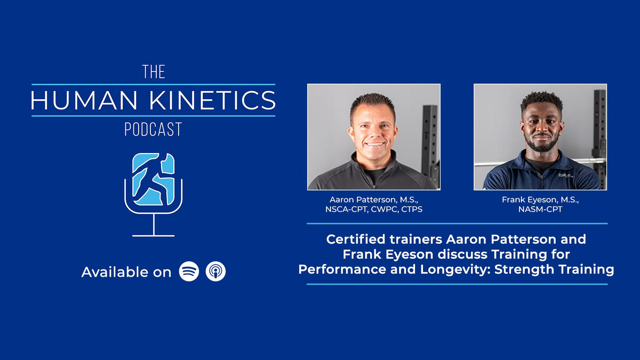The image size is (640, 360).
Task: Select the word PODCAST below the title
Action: click(x=153, y=130)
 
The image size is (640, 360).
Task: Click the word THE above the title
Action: click(x=154, y=72)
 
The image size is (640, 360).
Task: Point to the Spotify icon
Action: click(x=189, y=271)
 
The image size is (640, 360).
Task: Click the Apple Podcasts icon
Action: click(x=216, y=271)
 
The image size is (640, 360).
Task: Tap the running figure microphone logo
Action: click(x=154, y=180)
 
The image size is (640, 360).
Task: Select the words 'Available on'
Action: click(x=126, y=272)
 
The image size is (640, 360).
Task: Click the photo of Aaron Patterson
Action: click(x=373, y=137)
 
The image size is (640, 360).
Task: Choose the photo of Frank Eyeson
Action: click(x=540, y=137)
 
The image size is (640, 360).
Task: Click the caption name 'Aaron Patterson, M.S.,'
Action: click(x=373, y=199)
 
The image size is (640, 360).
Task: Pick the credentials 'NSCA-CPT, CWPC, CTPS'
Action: click(x=373, y=209)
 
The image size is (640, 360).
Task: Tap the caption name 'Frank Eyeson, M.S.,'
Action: click(x=540, y=199)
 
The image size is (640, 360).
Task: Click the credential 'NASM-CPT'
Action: click(x=540, y=209)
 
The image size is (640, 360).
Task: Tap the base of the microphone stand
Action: click(x=154, y=235)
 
